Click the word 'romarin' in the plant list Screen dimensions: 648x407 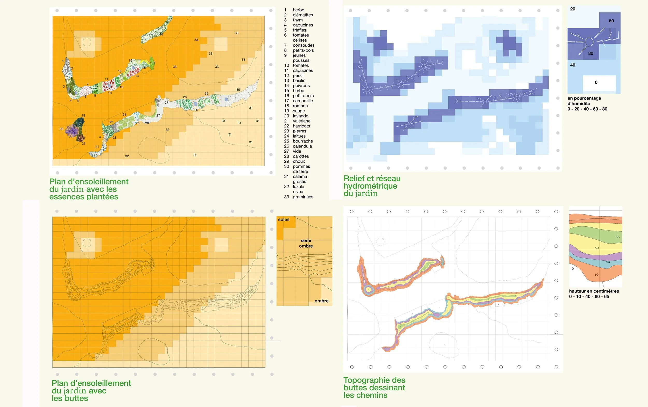click(300, 106)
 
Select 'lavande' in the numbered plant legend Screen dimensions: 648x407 click(301, 116)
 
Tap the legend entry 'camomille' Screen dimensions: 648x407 click(303, 101)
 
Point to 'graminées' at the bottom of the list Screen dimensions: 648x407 click(303, 197)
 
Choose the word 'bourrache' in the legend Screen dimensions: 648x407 click(303, 141)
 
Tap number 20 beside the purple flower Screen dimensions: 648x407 click(61, 129)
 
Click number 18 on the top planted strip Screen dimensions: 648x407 click(161, 34)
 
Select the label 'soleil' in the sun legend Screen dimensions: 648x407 click(284, 219)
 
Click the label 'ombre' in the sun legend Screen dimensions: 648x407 click(322, 301)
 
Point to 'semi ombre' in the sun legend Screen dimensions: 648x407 click(306, 243)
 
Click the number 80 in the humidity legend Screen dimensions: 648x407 click(591, 53)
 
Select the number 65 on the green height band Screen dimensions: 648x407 click(617, 237)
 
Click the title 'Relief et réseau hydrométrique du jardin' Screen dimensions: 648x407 click(372, 186)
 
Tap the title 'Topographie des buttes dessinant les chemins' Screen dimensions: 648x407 click(374, 388)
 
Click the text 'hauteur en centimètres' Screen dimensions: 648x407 click(594, 291)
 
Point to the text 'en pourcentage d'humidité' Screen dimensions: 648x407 click(584, 101)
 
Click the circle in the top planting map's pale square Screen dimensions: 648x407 click(87, 42)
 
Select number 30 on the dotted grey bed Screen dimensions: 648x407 click(238, 90)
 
